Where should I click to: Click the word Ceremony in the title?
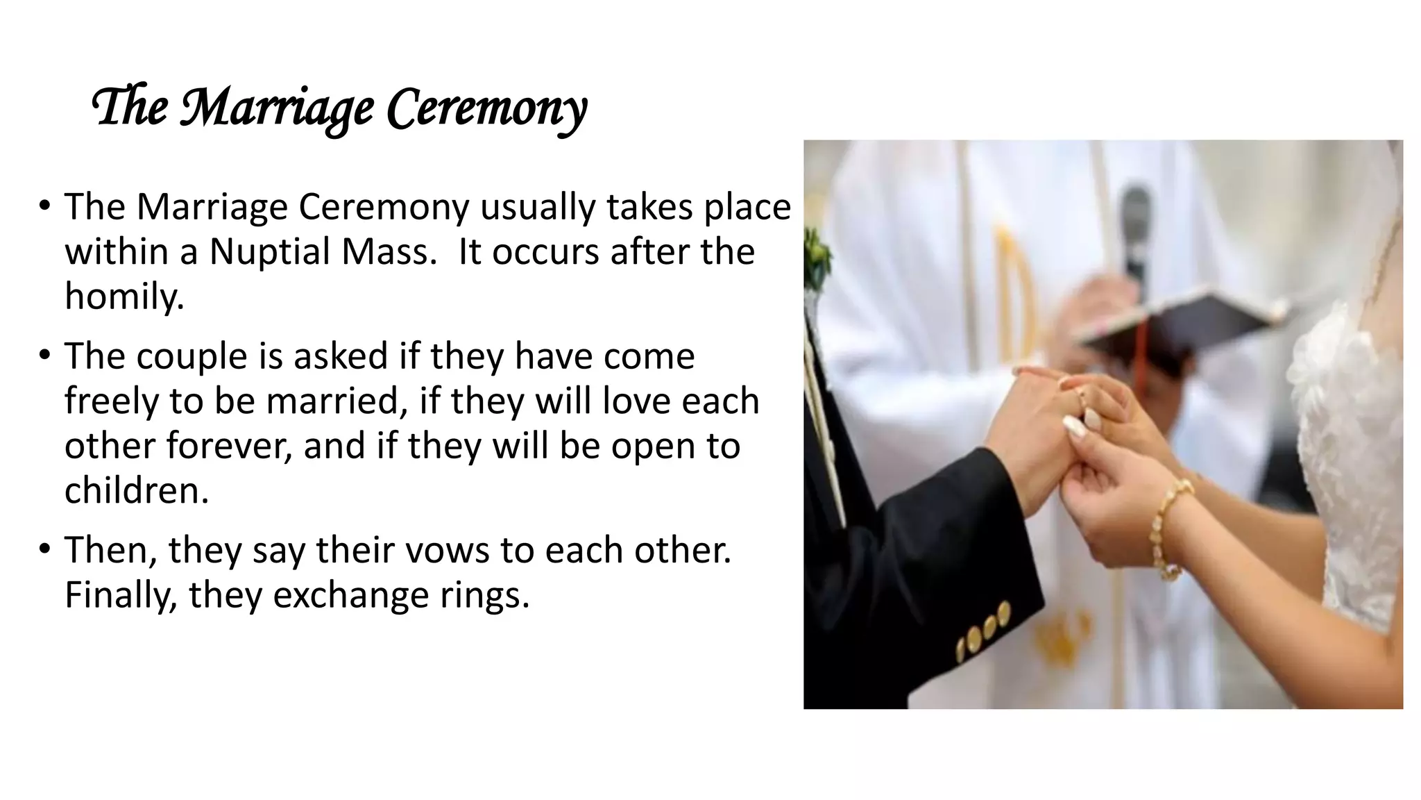486,108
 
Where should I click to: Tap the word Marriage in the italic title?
277,108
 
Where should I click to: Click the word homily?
124,296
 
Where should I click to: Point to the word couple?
192,356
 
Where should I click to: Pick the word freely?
111,401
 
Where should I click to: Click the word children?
137,490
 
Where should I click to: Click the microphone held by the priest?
1136,229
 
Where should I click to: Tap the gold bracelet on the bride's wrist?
1168,528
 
